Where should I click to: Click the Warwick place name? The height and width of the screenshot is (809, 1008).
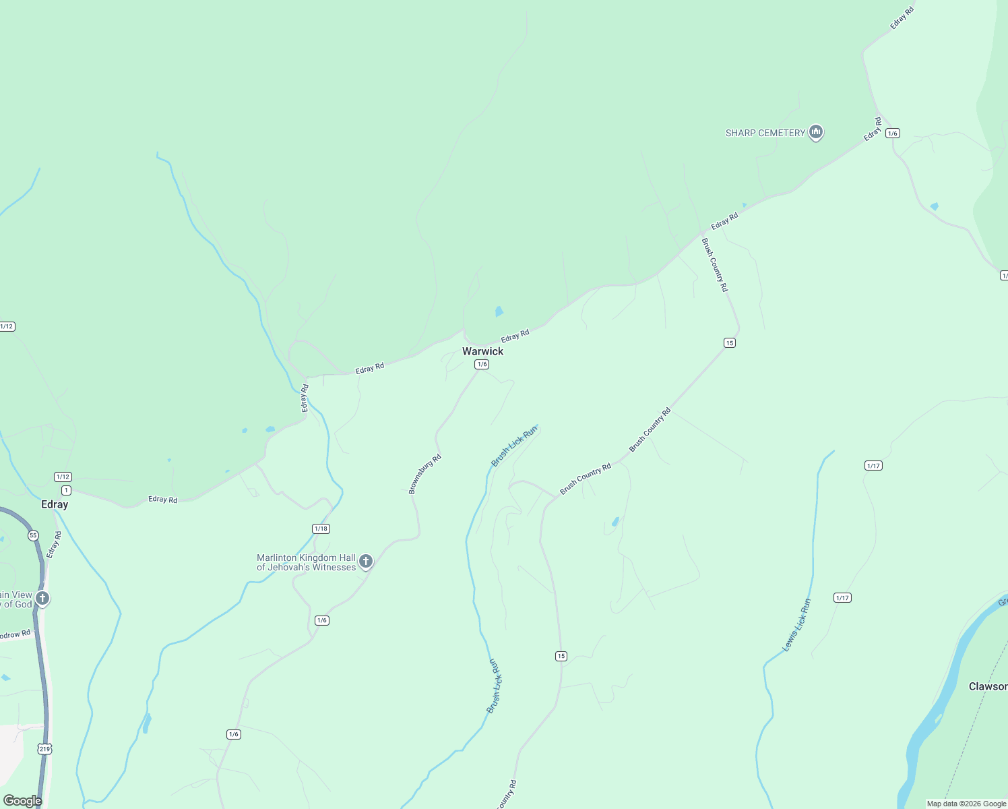482,351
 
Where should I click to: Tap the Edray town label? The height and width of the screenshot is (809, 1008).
55,504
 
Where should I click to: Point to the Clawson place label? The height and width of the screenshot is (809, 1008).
987,686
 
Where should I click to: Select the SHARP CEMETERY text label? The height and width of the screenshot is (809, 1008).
765,133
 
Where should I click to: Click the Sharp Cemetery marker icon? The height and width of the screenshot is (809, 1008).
816,132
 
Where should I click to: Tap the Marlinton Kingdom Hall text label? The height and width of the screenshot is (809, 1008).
306,562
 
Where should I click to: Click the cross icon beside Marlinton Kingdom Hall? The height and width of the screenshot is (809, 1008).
366,561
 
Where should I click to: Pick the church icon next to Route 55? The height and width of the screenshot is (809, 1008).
42,598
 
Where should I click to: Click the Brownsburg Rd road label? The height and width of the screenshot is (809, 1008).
424,474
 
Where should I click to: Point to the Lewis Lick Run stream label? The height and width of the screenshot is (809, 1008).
796,625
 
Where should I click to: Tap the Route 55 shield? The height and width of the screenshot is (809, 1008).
34,535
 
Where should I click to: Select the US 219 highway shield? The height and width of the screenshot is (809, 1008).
45,749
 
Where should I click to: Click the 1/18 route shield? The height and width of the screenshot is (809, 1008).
321,529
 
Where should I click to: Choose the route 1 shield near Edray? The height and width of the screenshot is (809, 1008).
66,490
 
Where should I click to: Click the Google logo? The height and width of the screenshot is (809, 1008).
22,800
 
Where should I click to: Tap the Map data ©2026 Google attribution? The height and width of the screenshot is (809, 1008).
966,804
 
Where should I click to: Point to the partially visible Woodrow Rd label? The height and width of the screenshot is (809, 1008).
15,635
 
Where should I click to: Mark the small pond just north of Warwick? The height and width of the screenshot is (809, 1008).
499,311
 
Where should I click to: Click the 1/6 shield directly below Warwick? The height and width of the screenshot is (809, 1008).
481,364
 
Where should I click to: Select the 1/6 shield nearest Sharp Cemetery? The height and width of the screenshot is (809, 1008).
893,133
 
